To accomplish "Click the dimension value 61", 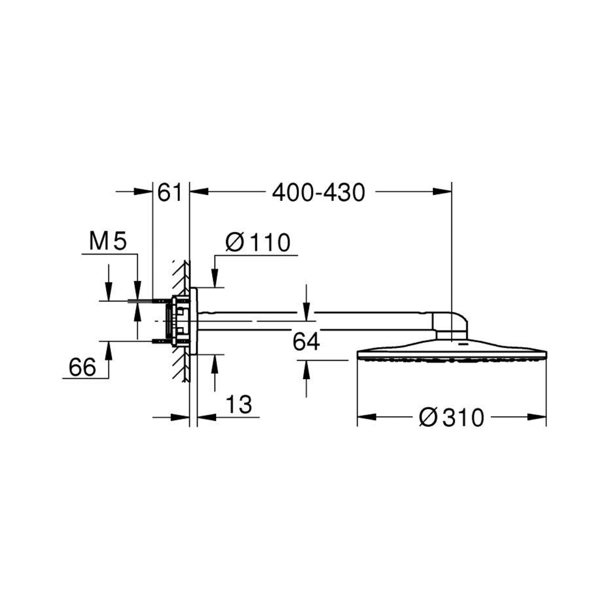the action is point(170,193).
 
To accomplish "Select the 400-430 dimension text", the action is point(319,193).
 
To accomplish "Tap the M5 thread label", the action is point(108,241).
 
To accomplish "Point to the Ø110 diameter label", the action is point(258,242).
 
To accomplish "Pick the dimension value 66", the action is point(82,367).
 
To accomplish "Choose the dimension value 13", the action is point(239,404).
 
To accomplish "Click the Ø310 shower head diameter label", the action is point(452,417).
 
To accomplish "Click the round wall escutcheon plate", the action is point(193,321).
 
